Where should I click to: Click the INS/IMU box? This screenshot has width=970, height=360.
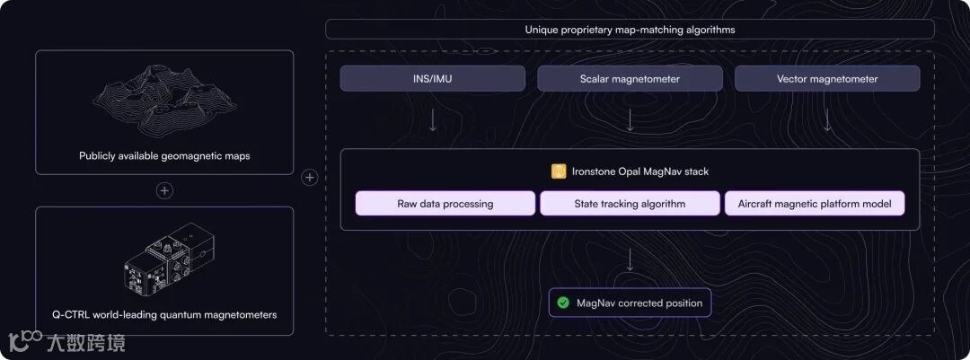432,79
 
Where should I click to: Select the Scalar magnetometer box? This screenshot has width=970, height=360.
630,79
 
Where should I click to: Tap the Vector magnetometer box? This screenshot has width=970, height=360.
827,79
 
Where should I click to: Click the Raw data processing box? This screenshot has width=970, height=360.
445,204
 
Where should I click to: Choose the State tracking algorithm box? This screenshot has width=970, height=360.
630,204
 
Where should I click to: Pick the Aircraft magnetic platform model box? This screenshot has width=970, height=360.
815,204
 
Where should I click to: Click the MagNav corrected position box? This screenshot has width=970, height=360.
630,303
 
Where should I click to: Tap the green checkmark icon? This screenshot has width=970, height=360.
563,303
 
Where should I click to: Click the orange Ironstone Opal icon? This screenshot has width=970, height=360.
559,171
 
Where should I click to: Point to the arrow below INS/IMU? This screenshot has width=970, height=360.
432,120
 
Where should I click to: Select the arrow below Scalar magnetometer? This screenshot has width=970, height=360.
630,120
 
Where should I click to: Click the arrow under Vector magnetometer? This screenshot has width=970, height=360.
827,120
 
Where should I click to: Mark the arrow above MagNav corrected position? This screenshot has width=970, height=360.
630,259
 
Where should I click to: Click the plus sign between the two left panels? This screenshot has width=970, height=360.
164,190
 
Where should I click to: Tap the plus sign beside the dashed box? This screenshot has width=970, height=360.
310,178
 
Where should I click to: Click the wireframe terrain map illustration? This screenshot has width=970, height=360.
163,101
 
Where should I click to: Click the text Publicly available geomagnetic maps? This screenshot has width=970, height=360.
164,156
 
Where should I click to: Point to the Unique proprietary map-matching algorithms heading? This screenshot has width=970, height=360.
630,30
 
